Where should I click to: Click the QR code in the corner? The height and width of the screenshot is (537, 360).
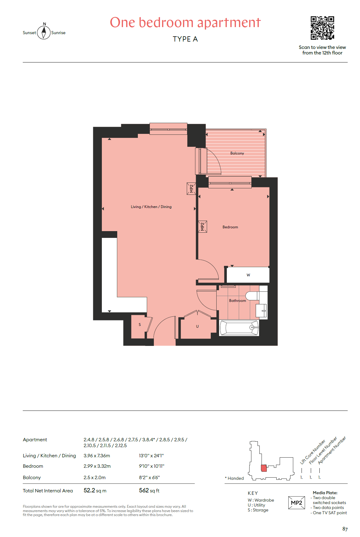[x=322, y=28]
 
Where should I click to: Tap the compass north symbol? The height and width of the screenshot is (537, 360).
[x=44, y=31]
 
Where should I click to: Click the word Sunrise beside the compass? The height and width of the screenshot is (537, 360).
[x=58, y=33]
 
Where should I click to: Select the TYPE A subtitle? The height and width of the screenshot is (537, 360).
[x=185, y=39]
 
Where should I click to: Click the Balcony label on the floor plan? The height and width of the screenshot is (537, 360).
[x=237, y=153]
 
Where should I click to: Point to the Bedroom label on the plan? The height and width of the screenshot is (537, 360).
[x=230, y=227]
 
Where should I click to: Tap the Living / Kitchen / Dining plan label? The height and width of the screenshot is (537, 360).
[x=151, y=207]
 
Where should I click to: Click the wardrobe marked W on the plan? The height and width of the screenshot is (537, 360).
[x=248, y=275]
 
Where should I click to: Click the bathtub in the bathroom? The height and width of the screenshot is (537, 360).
[x=239, y=328]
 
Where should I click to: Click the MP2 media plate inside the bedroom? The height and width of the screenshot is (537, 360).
[x=202, y=227]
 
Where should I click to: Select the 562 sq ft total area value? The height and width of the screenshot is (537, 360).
[x=149, y=491]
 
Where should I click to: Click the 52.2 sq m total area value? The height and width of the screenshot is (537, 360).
[x=95, y=491]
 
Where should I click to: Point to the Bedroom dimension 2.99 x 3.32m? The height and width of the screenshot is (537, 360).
[x=97, y=466]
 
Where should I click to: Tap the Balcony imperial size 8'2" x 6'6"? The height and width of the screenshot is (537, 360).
[x=150, y=478]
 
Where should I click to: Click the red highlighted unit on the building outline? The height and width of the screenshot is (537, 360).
[x=264, y=468]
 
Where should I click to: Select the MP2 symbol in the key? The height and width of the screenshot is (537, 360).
[x=297, y=503]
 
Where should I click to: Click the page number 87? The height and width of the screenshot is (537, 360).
[x=345, y=529]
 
